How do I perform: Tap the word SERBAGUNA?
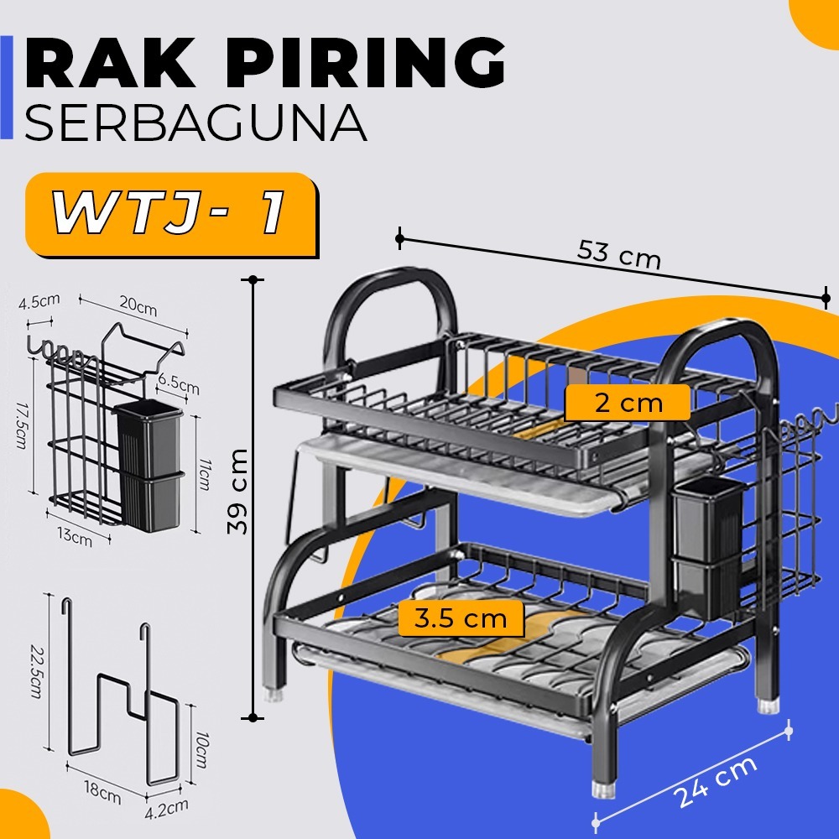[195, 122]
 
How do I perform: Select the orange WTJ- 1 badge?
[169, 215]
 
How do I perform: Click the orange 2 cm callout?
[628, 403]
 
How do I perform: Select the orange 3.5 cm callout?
[460, 619]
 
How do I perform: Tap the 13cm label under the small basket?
[76, 537]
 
